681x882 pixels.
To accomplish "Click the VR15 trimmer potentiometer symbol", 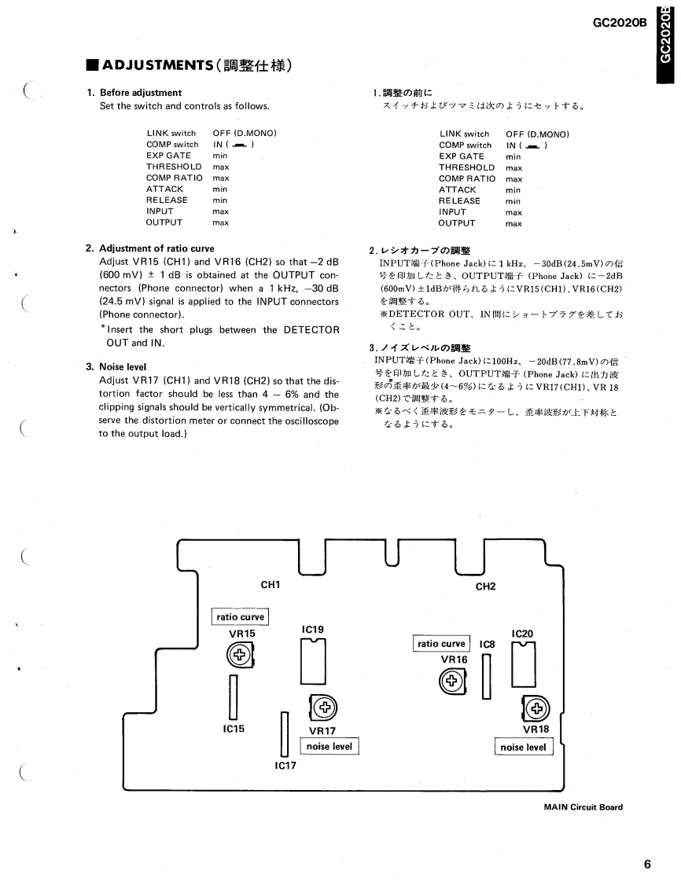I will pyautogui.click(x=238, y=654).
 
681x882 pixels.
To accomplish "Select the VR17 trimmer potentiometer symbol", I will pyautogui.click(x=324, y=707).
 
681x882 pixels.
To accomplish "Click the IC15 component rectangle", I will pyautogui.click(x=233, y=696).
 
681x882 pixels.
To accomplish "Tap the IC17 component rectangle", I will pyautogui.click(x=285, y=733).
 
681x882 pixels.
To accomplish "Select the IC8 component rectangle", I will pyautogui.click(x=486, y=676).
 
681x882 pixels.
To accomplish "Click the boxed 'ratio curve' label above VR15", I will pyautogui.click(x=240, y=617).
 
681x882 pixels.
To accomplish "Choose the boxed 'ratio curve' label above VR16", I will pyautogui.click(x=441, y=644).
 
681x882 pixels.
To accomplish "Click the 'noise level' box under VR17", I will pyautogui.click(x=329, y=746).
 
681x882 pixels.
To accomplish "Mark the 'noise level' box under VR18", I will pyautogui.click(x=524, y=747).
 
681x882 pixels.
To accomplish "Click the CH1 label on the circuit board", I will pyautogui.click(x=271, y=584).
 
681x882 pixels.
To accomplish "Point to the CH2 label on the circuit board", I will pyautogui.click(x=485, y=586).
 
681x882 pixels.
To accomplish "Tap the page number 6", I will pyautogui.click(x=647, y=865).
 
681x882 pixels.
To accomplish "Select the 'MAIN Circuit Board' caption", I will pyautogui.click(x=583, y=807).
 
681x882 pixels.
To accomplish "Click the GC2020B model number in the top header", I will pyautogui.click(x=620, y=23).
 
